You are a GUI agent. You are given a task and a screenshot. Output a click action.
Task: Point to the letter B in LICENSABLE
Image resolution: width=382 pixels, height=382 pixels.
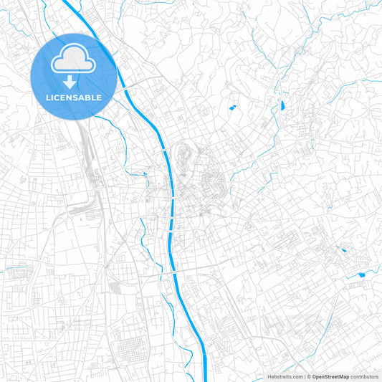(90, 97)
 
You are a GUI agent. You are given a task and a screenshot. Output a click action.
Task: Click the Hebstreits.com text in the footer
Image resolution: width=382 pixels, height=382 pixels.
(283, 376)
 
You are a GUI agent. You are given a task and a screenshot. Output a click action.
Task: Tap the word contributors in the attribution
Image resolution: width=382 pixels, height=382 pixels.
(364, 376)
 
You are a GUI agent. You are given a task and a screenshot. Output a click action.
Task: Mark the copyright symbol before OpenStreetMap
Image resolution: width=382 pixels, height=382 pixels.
(309, 376)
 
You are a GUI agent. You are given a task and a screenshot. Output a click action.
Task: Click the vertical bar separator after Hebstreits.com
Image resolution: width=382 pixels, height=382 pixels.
(304, 376)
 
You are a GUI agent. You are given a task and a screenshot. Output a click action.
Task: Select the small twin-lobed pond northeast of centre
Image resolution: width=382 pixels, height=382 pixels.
(232, 108)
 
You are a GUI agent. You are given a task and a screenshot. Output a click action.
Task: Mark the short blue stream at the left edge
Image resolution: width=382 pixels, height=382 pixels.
(16, 270)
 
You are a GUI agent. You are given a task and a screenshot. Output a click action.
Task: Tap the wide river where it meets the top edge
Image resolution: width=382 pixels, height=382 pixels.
(69, 3)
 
